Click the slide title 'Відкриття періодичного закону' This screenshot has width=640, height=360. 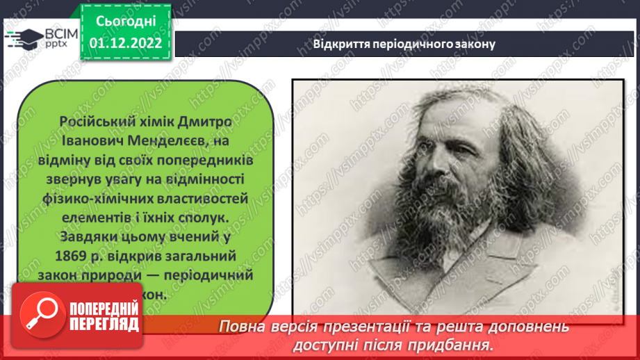click(403, 44)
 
